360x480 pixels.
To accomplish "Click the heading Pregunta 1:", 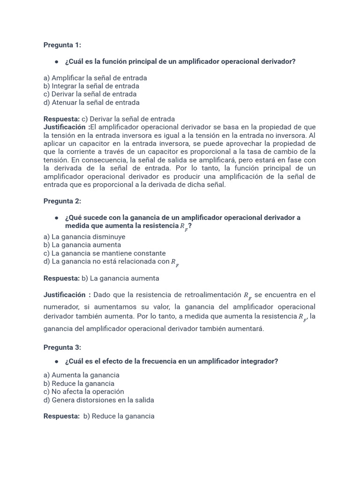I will point(62,45).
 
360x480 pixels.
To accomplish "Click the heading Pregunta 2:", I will point(62,201).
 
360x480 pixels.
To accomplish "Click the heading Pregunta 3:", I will point(62,347).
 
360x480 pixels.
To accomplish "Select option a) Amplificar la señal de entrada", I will point(95,78).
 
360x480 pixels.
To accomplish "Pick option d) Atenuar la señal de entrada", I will point(91,103).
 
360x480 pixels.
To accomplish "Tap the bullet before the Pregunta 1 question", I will point(56,62).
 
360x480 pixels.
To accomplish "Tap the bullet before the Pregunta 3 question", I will point(56,361).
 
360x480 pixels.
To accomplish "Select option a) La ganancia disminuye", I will point(84,237).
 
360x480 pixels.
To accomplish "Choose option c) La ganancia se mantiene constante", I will point(105,253).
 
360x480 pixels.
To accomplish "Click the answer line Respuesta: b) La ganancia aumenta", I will point(101,278).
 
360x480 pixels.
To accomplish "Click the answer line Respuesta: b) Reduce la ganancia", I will point(99,416).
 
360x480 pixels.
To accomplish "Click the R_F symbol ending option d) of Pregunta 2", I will point(174,262).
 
